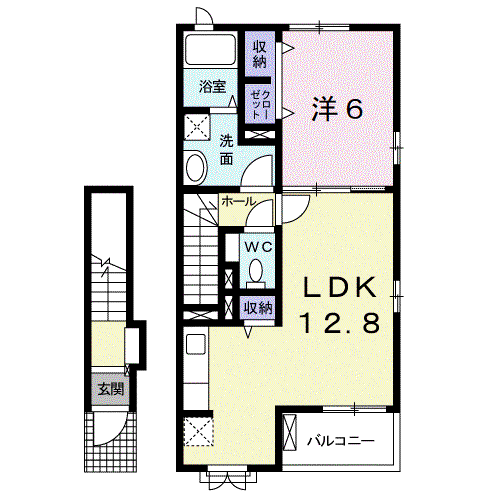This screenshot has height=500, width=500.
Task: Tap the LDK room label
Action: tap(339, 288)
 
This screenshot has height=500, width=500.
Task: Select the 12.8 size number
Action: tap(340, 322)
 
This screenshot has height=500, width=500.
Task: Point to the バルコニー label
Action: tap(341, 442)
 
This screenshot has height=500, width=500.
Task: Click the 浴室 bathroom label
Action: tap(212, 87)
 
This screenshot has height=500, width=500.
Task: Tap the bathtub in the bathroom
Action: tap(211, 50)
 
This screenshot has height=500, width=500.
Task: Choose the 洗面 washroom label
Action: tap(226, 151)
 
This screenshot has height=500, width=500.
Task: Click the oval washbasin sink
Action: tap(196, 168)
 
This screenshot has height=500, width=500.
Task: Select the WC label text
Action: tap(259, 247)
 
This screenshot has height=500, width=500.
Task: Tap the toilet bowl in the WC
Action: tap(256, 271)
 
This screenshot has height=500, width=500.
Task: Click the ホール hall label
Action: tap(239, 202)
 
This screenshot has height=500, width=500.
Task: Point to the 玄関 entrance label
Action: tap(111, 389)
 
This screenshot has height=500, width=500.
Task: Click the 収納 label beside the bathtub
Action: tap(260, 54)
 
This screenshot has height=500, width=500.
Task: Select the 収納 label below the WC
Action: tap(258, 307)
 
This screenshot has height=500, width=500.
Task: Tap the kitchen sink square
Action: tap(196, 344)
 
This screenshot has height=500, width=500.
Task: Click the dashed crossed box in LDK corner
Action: tap(198, 431)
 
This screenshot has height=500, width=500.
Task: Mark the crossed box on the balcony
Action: tap(289, 432)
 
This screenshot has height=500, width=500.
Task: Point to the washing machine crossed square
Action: tap(197, 127)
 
